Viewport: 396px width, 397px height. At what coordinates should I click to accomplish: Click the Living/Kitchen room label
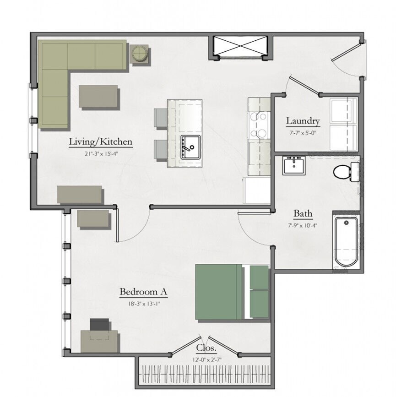101,141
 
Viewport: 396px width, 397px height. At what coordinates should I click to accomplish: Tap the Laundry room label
303,121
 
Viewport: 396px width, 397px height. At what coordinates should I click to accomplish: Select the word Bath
303,213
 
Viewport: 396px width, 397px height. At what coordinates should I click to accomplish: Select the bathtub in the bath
346,242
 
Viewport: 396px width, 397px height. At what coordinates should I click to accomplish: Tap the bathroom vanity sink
293,165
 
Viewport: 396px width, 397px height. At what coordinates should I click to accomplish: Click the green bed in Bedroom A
220,292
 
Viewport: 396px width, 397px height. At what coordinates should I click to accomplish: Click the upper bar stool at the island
161,118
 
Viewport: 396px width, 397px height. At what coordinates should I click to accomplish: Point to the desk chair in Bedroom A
100,325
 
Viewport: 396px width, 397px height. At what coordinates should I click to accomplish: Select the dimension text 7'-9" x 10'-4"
303,225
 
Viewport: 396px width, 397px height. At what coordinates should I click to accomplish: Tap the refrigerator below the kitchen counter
257,190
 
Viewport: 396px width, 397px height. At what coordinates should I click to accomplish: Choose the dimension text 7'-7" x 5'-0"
303,132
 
